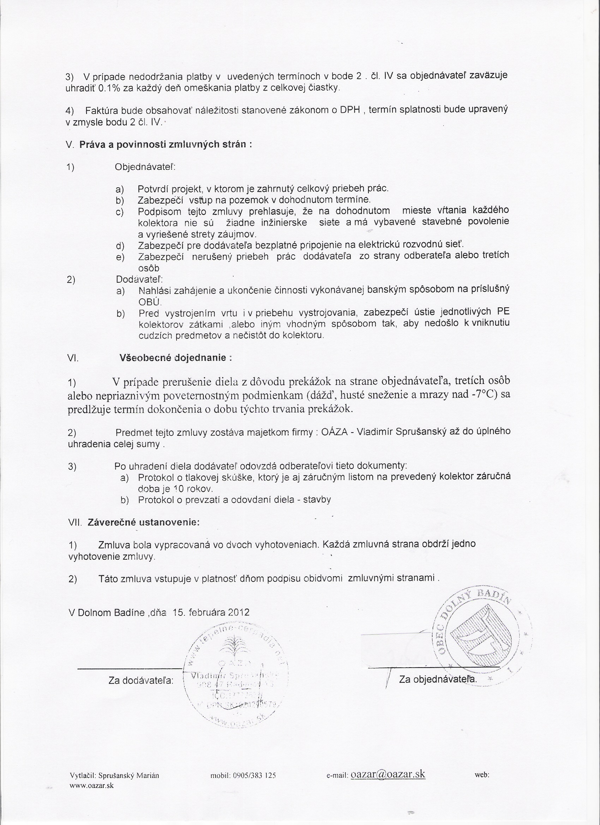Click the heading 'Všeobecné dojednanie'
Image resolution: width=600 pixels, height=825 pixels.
click(175, 357)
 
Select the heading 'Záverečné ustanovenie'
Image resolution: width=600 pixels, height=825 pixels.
click(143, 522)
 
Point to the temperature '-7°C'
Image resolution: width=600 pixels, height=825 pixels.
click(484, 395)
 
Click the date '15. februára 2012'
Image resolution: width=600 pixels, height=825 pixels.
click(211, 612)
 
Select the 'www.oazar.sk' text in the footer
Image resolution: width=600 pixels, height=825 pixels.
click(92, 795)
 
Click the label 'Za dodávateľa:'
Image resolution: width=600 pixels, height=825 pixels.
click(141, 680)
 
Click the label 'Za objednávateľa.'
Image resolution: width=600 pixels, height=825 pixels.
click(438, 679)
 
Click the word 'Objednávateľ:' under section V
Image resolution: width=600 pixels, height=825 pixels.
click(145, 167)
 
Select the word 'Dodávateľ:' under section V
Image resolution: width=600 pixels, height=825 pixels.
click(139, 279)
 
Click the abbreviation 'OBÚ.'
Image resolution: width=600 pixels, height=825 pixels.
click(150, 302)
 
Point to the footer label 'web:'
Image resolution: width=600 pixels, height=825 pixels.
click(482, 785)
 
